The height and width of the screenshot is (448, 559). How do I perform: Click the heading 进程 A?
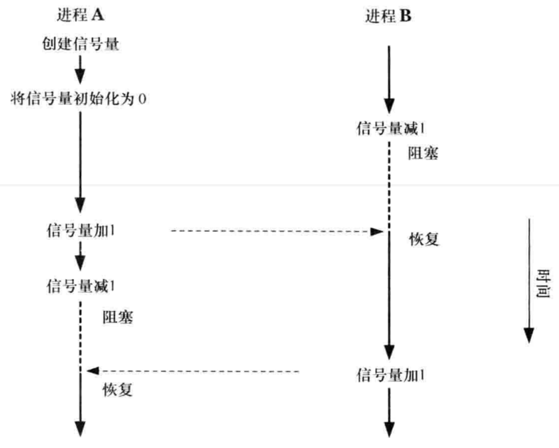point(81,15)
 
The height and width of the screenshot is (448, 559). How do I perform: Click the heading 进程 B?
point(388,16)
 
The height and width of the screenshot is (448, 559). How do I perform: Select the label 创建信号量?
point(80,44)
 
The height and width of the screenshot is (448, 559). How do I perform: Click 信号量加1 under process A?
point(81,231)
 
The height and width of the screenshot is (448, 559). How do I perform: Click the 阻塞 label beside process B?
point(423,153)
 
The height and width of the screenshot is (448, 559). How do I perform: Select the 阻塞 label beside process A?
point(118,317)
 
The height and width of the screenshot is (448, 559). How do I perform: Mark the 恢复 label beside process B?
point(424,239)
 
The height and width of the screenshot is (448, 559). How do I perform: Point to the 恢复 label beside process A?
point(118,390)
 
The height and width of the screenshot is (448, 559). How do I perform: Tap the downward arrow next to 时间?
point(528,280)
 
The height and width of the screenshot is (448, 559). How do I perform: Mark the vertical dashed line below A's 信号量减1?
point(81,335)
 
